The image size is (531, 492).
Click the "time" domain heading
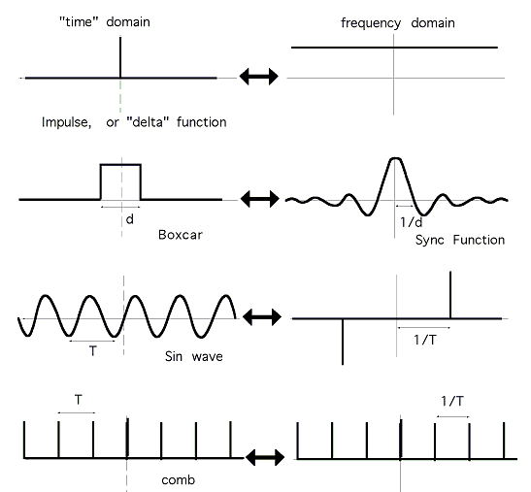point(105,22)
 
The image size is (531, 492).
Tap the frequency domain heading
point(398,23)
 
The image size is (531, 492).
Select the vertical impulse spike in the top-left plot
point(120,57)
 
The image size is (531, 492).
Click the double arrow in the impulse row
point(259,77)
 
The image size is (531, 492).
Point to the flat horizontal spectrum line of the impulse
point(394,48)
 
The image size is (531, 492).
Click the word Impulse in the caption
point(66,122)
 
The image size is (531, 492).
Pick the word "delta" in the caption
point(148,122)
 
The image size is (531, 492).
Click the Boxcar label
point(181,235)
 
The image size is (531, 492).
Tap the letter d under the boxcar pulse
point(130,219)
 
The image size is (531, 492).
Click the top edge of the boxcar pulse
point(120,165)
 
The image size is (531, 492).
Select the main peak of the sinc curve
point(395,159)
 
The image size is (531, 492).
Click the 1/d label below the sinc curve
point(412,222)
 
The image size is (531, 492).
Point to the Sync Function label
point(460,240)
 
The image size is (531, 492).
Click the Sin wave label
point(194,356)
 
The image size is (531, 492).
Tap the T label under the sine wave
point(93,350)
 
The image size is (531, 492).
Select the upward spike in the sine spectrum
point(450,295)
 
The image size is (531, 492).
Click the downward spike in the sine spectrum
point(343,342)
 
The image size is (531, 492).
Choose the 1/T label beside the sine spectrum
point(425,340)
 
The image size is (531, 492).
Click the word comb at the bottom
point(178,479)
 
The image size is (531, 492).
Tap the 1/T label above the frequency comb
point(452,401)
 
